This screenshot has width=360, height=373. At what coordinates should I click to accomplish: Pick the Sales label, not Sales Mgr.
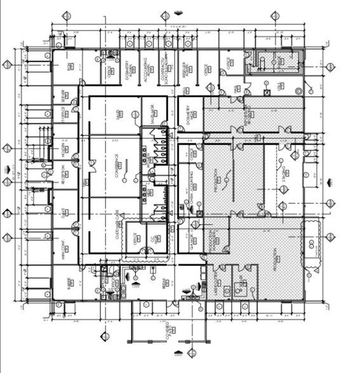point(117,114)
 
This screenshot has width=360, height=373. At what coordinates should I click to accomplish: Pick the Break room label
point(165,285)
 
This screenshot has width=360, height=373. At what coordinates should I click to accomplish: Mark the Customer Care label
point(116,222)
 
